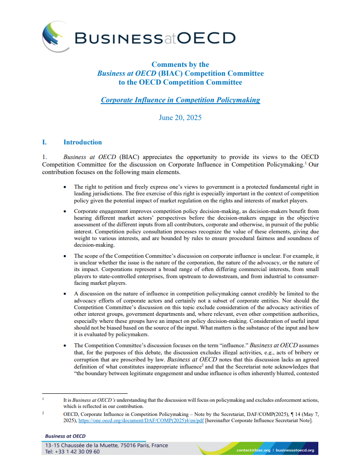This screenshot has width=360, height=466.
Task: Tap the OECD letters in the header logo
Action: pos(206,38)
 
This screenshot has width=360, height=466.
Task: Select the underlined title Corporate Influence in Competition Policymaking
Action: pos(180,100)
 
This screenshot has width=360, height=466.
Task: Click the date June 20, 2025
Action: pos(180,118)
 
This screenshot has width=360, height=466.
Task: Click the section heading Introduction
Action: pos(82,142)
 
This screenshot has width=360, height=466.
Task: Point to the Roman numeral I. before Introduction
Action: pos(44,142)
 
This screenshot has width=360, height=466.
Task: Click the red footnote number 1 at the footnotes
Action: pos(43,399)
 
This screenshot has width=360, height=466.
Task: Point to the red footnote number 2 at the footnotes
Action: pos(43,413)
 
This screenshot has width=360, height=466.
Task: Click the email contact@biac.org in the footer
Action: pos(252,450)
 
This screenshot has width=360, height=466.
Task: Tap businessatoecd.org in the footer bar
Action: pos(294,450)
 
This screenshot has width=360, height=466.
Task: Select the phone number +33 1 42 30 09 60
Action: pos(78,451)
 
